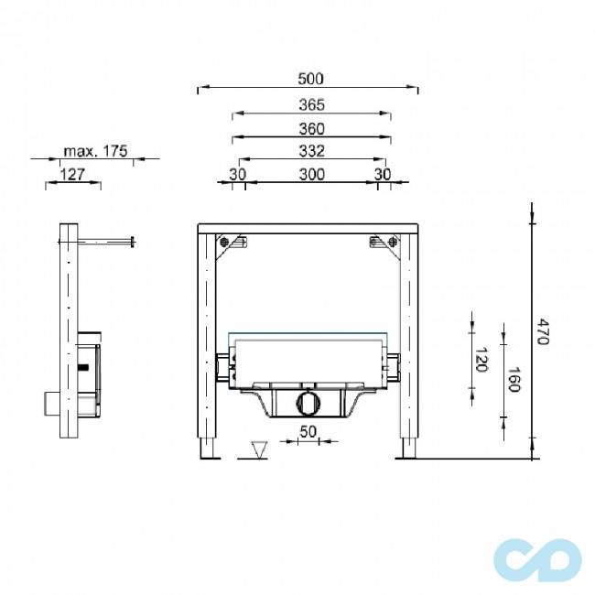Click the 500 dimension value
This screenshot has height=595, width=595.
pos(311,79)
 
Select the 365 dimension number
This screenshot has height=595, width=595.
pos(311,104)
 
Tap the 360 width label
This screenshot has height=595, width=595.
pos(311,129)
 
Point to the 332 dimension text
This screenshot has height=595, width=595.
pos(311,151)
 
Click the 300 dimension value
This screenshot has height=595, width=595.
pos(312,174)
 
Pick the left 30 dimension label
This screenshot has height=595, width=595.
pos(238,174)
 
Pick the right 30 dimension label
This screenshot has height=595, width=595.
pos(383,174)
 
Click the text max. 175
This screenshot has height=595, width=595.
pos(95,151)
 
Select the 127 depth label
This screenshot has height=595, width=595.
pos(72,175)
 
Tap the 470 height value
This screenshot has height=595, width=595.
pos(544,332)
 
